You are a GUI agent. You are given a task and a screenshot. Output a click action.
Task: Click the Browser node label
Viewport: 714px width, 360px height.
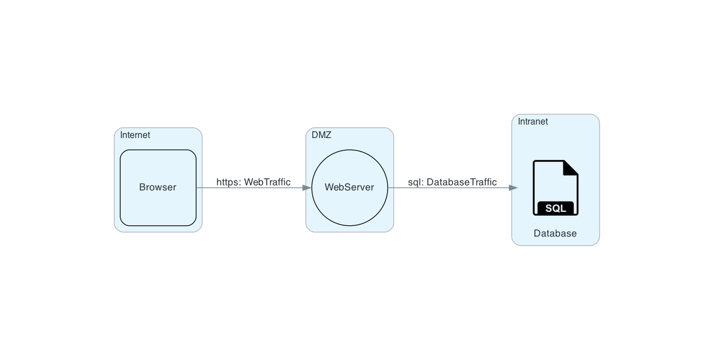[158, 188]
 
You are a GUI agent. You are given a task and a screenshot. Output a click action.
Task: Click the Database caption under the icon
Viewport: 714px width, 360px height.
[555, 234]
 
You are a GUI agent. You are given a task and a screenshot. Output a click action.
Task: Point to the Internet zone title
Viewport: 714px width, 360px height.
[135, 135]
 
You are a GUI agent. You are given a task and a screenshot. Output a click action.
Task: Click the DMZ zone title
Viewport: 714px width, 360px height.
[321, 135]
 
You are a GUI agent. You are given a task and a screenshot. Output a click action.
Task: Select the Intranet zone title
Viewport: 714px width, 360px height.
[533, 122]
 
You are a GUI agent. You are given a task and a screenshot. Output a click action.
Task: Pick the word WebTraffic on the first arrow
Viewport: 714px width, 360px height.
[267, 182]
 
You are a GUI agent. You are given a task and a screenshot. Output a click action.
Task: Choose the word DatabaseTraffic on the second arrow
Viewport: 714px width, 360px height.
[462, 182]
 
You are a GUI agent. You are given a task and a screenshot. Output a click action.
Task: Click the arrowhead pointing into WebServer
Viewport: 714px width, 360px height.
[307, 188]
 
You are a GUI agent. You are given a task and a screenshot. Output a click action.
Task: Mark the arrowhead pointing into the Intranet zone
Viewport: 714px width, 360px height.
[513, 188]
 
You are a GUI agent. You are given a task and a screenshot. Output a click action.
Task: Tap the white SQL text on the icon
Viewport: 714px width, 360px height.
[555, 208]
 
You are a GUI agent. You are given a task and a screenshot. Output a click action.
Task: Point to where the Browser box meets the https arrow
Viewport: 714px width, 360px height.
[196, 188]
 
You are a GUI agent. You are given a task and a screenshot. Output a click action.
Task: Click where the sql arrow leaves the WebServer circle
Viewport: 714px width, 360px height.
[388, 188]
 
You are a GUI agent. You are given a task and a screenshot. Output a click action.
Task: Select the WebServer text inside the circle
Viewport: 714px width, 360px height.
[349, 188]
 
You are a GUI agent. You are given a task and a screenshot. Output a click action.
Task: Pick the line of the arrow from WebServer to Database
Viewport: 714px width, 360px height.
[451, 188]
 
